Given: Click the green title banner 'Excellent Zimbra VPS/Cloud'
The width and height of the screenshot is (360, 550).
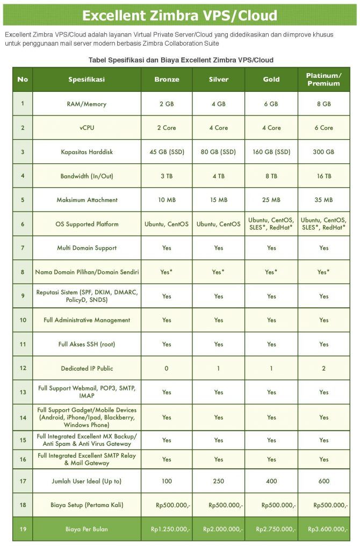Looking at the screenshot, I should click(x=180, y=15).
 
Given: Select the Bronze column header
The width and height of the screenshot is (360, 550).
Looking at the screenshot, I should click(x=167, y=79).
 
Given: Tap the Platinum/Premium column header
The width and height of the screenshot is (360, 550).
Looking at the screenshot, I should click(x=323, y=79).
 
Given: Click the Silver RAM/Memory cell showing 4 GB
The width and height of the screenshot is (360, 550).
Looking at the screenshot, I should click(x=219, y=104).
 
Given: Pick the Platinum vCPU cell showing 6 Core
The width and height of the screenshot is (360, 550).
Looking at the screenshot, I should click(x=323, y=128).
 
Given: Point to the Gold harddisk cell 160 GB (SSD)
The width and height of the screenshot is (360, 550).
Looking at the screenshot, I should click(x=271, y=152).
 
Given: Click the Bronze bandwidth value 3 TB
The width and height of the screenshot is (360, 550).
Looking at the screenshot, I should click(x=167, y=176).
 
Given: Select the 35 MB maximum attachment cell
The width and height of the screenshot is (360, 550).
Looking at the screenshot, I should click(x=323, y=200).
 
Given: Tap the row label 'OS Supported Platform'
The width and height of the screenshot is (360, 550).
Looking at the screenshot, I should click(x=87, y=224).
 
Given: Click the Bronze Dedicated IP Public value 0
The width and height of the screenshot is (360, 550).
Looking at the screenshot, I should click(x=167, y=368).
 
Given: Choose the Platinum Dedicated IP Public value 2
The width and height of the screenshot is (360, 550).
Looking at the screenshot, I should click(x=323, y=368).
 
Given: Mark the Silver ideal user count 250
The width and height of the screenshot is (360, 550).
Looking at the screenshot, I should click(x=219, y=481).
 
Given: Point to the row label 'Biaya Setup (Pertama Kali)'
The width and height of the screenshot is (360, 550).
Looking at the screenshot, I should click(x=87, y=505).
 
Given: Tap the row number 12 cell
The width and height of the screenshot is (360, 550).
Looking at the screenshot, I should click(x=23, y=368).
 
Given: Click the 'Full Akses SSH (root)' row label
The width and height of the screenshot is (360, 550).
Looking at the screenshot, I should click(x=87, y=344).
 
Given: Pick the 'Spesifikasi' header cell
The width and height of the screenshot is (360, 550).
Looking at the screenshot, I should click(x=87, y=79).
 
